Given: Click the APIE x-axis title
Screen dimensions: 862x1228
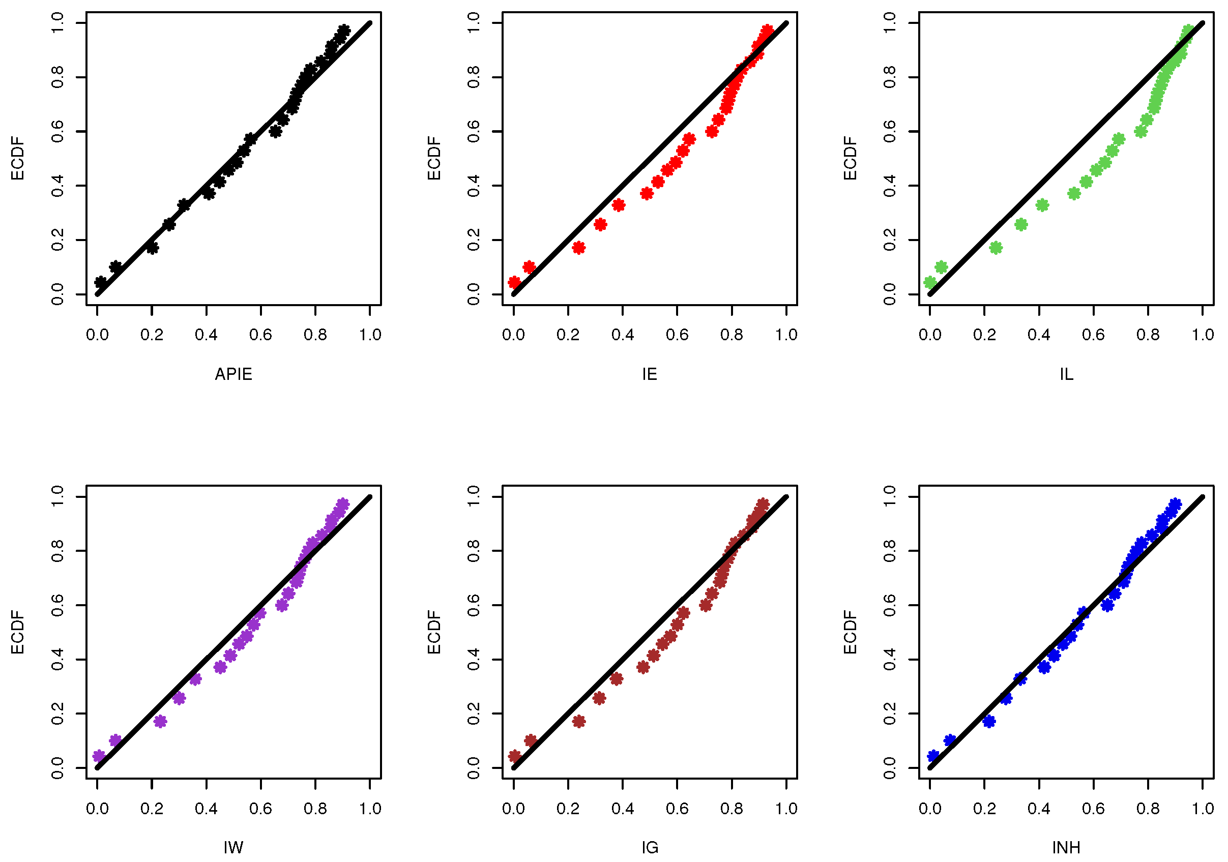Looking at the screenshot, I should [233, 374].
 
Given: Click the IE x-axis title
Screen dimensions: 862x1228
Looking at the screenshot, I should [649, 374].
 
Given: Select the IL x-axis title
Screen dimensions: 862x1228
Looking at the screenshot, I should [1066, 374].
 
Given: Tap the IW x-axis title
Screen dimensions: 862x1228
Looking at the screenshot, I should [233, 848].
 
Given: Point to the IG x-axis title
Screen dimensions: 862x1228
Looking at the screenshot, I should [649, 848].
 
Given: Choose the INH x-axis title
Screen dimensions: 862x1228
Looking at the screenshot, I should [1066, 848].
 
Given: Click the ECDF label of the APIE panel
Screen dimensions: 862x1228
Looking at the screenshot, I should [18, 158].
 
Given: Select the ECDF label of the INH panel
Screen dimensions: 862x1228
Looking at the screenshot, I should [851, 632].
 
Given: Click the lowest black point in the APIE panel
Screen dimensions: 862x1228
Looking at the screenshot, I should [100, 282].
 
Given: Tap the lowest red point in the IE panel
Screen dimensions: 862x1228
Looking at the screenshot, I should [514, 282].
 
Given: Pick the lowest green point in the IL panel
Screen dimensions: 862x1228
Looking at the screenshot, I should [930, 282].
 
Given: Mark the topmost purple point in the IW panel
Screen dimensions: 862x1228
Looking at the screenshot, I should [343, 504].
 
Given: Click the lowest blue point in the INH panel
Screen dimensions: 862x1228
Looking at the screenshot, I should [933, 756].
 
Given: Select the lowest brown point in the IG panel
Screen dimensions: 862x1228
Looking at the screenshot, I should [514, 756].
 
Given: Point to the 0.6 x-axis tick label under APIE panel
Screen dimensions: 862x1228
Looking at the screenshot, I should [260, 335].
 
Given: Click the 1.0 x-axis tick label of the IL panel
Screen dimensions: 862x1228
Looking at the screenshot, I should [1203, 335].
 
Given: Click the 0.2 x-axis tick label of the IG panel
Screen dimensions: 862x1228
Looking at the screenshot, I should [568, 809].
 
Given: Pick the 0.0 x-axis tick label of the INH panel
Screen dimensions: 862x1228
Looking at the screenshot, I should [930, 809].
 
